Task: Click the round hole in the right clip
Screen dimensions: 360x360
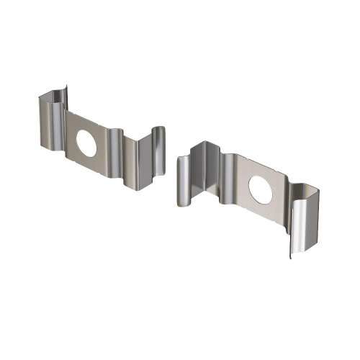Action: (260, 189)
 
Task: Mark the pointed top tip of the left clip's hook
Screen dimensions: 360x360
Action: (66, 88)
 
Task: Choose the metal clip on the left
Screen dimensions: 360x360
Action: (101, 140)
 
